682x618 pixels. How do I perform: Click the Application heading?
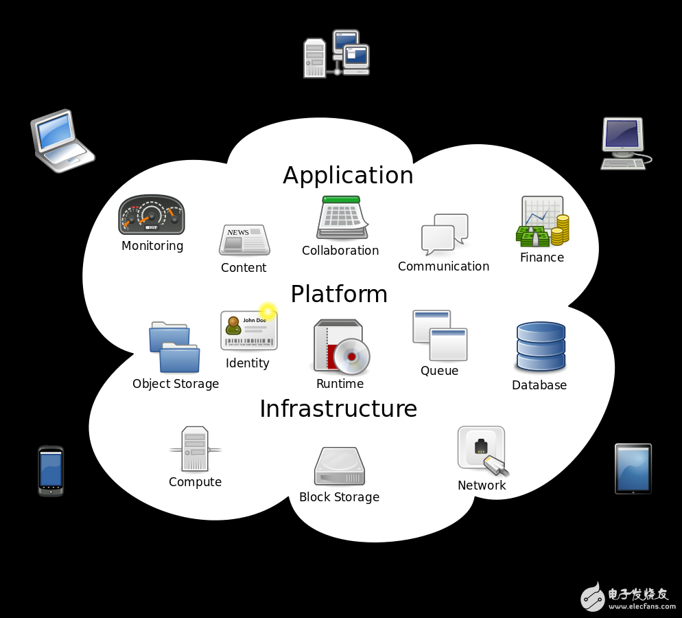click(x=348, y=176)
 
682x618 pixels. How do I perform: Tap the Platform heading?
click(x=339, y=295)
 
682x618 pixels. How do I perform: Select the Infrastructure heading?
click(x=338, y=409)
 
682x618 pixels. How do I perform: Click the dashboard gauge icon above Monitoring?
click(x=152, y=215)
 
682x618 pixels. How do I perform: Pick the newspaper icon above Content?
click(x=244, y=240)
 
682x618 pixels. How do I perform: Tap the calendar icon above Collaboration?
click(x=342, y=218)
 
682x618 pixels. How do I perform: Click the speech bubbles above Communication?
click(x=445, y=233)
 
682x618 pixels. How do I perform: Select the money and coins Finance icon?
click(x=543, y=222)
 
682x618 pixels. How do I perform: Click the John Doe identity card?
click(x=248, y=330)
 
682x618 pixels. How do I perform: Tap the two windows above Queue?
click(x=440, y=335)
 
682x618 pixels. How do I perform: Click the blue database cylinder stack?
click(x=541, y=347)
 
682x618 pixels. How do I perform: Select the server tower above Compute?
click(x=195, y=449)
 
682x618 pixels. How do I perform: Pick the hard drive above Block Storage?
click(x=340, y=467)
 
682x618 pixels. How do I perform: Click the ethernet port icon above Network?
click(x=482, y=450)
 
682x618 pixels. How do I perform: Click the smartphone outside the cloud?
click(x=51, y=471)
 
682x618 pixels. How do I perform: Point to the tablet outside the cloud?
click(x=633, y=469)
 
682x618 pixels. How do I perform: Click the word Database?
click(x=539, y=385)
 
